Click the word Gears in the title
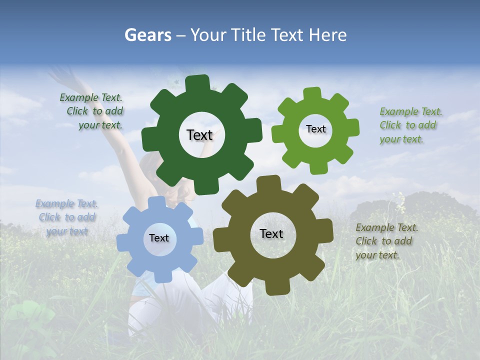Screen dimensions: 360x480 tap(147, 35)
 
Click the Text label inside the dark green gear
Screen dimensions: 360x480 tap(199, 135)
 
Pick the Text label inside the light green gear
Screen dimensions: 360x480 tap(315, 129)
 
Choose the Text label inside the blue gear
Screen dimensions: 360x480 tap(159, 238)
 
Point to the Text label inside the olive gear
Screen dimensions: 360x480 tap(271, 233)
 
